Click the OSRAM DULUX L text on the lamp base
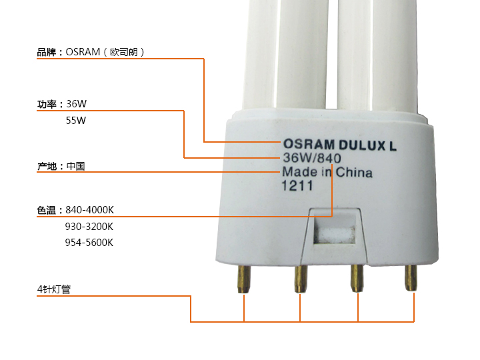click(339, 145)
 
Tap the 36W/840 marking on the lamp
click(311, 158)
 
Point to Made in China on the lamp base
click(327, 172)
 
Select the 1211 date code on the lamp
click(297, 185)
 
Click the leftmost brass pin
click(244, 279)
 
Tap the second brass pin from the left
click(300, 279)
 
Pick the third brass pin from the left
click(357, 278)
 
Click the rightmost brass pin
click(411, 277)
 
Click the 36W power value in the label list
click(76, 104)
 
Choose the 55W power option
click(75, 121)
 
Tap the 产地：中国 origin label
click(61, 167)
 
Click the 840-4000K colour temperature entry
click(89, 210)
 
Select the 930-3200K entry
click(89, 227)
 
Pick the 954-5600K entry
click(89, 243)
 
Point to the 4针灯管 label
click(54, 289)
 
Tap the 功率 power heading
click(47, 105)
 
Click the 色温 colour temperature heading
click(47, 210)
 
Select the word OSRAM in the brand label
click(83, 52)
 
